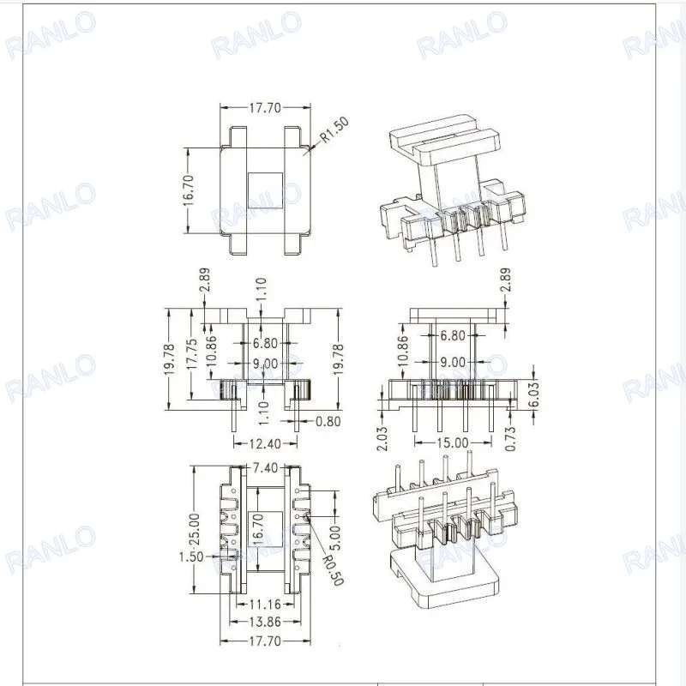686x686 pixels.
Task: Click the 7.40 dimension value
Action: tap(265, 468)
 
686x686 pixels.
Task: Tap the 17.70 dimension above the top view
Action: tap(265, 109)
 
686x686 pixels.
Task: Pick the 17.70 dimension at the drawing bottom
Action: tap(265, 640)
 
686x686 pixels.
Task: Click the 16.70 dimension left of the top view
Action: tap(189, 190)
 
